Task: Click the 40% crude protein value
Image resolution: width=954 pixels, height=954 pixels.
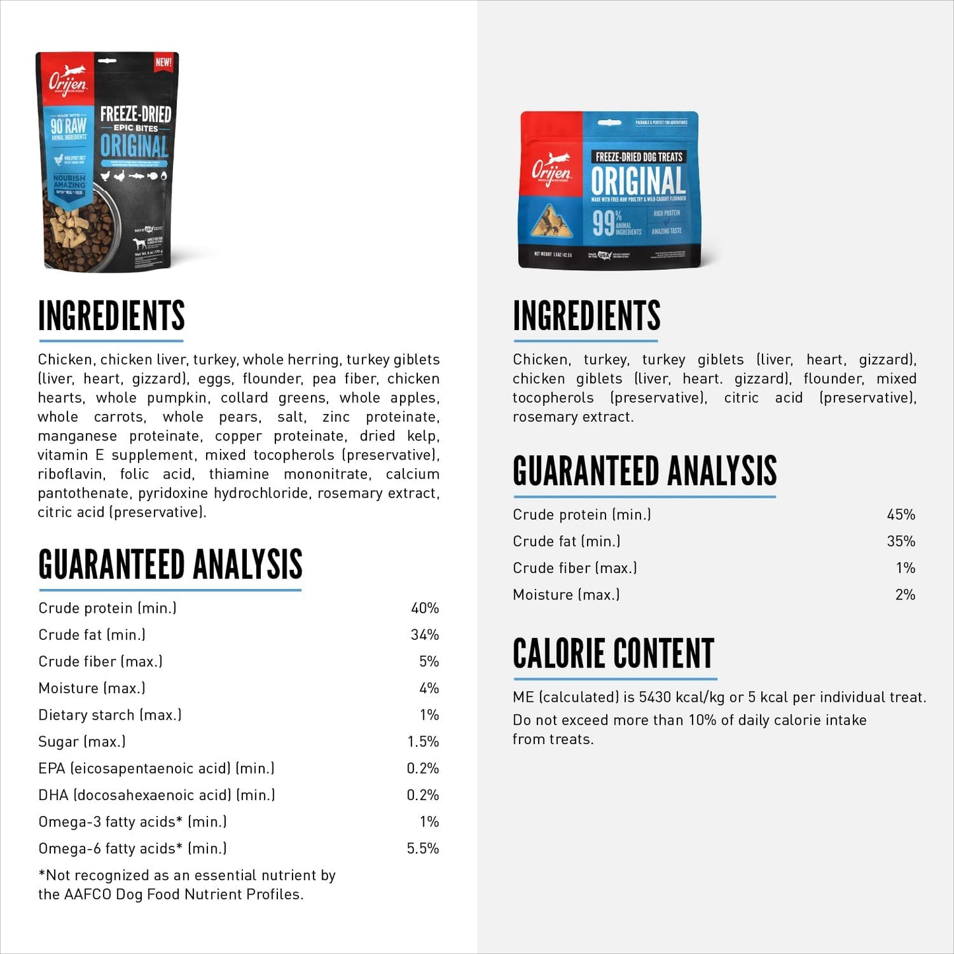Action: tap(425, 608)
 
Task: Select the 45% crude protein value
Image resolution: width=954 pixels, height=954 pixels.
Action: tap(901, 515)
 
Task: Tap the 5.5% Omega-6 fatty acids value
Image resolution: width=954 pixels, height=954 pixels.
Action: tap(423, 848)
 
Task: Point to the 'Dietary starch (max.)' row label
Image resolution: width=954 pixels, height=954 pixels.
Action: tap(110, 715)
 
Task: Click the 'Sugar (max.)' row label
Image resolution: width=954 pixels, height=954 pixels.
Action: tap(82, 742)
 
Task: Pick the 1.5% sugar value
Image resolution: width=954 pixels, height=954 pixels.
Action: tap(423, 742)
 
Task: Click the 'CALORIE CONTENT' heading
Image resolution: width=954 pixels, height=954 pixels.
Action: tap(613, 654)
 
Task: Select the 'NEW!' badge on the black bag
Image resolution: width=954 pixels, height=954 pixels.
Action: tap(163, 63)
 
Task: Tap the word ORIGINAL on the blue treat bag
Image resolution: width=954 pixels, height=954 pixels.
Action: tap(638, 181)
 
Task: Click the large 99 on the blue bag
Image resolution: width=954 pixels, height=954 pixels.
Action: tap(603, 223)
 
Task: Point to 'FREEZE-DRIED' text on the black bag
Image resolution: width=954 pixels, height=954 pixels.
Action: tap(135, 114)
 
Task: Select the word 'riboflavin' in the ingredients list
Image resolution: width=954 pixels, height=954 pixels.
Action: tap(71, 475)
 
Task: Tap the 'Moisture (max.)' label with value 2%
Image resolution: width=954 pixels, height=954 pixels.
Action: tap(566, 595)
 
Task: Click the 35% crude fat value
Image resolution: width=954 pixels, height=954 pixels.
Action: tap(901, 541)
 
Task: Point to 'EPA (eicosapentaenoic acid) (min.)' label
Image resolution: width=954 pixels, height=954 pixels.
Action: tap(156, 768)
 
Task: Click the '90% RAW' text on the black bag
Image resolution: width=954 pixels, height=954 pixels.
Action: tap(69, 125)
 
